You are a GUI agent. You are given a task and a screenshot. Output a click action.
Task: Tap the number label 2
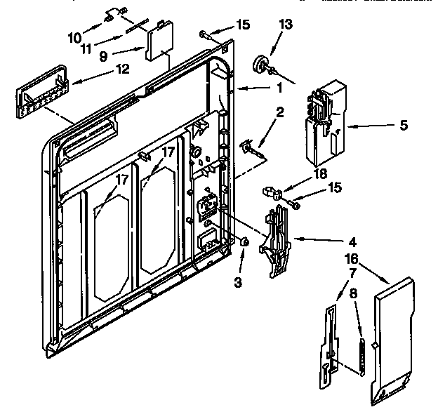[x=279, y=112]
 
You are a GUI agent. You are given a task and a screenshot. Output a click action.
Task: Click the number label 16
[x=350, y=259]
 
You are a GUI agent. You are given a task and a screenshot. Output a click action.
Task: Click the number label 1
[x=279, y=88]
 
